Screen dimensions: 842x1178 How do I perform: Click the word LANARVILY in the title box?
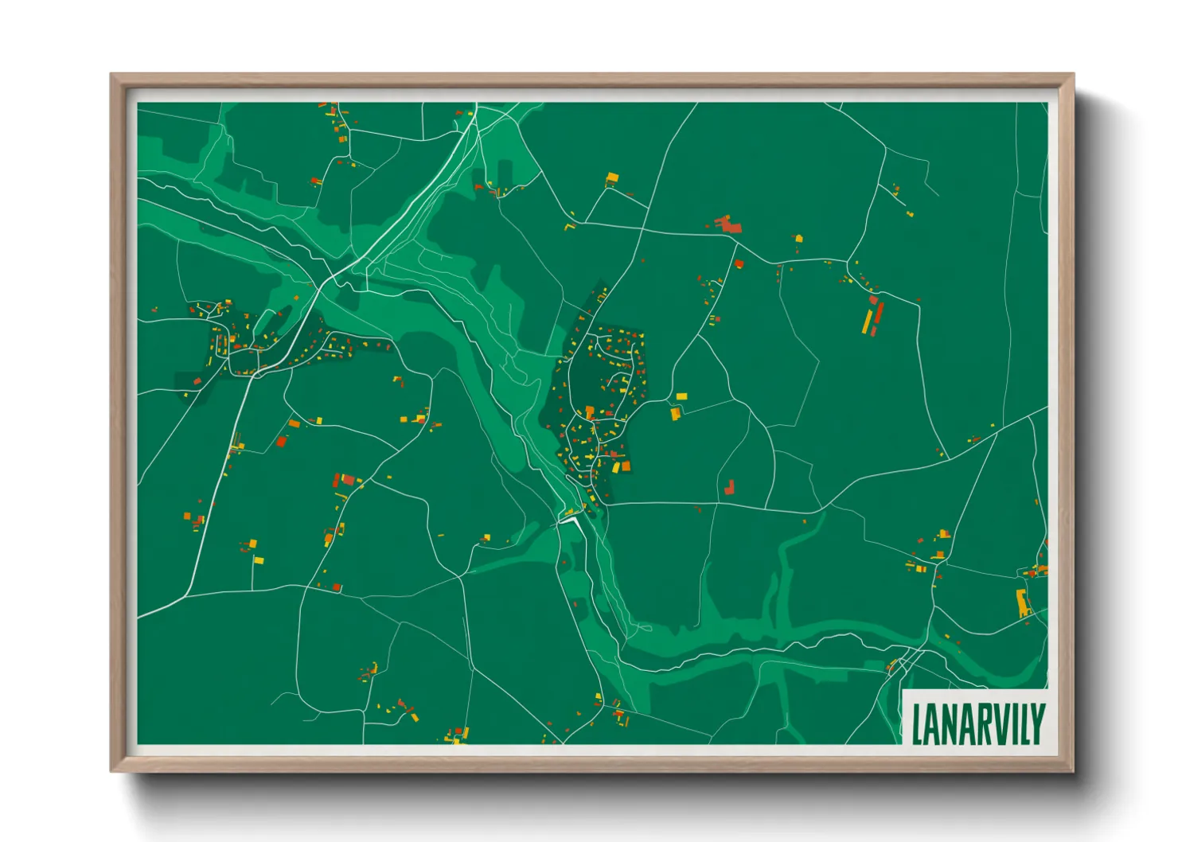(x=977, y=723)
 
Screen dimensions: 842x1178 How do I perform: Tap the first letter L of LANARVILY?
(x=918, y=723)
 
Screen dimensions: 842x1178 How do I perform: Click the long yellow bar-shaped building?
(x=868, y=321)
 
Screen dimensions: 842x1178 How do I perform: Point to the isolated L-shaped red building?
(x=729, y=486)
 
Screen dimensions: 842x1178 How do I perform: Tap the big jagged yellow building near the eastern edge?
(x=1023, y=602)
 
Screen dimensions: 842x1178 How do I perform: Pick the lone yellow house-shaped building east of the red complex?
(x=798, y=238)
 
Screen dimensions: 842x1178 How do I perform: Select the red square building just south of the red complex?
(x=739, y=263)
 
